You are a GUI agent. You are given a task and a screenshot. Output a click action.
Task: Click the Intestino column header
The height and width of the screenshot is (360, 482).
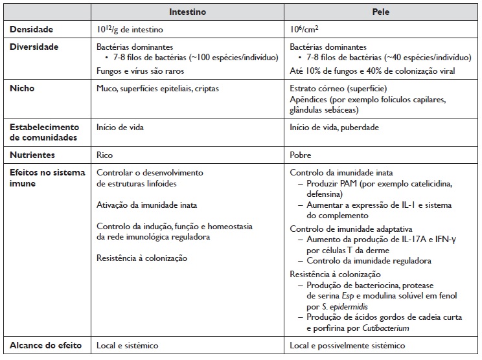187,12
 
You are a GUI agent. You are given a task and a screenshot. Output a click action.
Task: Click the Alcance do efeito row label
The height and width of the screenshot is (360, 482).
45,346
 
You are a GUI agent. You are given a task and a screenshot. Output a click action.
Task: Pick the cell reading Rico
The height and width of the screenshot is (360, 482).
105,155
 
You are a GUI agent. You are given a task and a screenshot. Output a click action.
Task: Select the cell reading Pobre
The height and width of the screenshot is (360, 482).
301,155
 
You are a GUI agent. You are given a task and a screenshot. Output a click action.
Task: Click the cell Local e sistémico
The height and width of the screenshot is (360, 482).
127,346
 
